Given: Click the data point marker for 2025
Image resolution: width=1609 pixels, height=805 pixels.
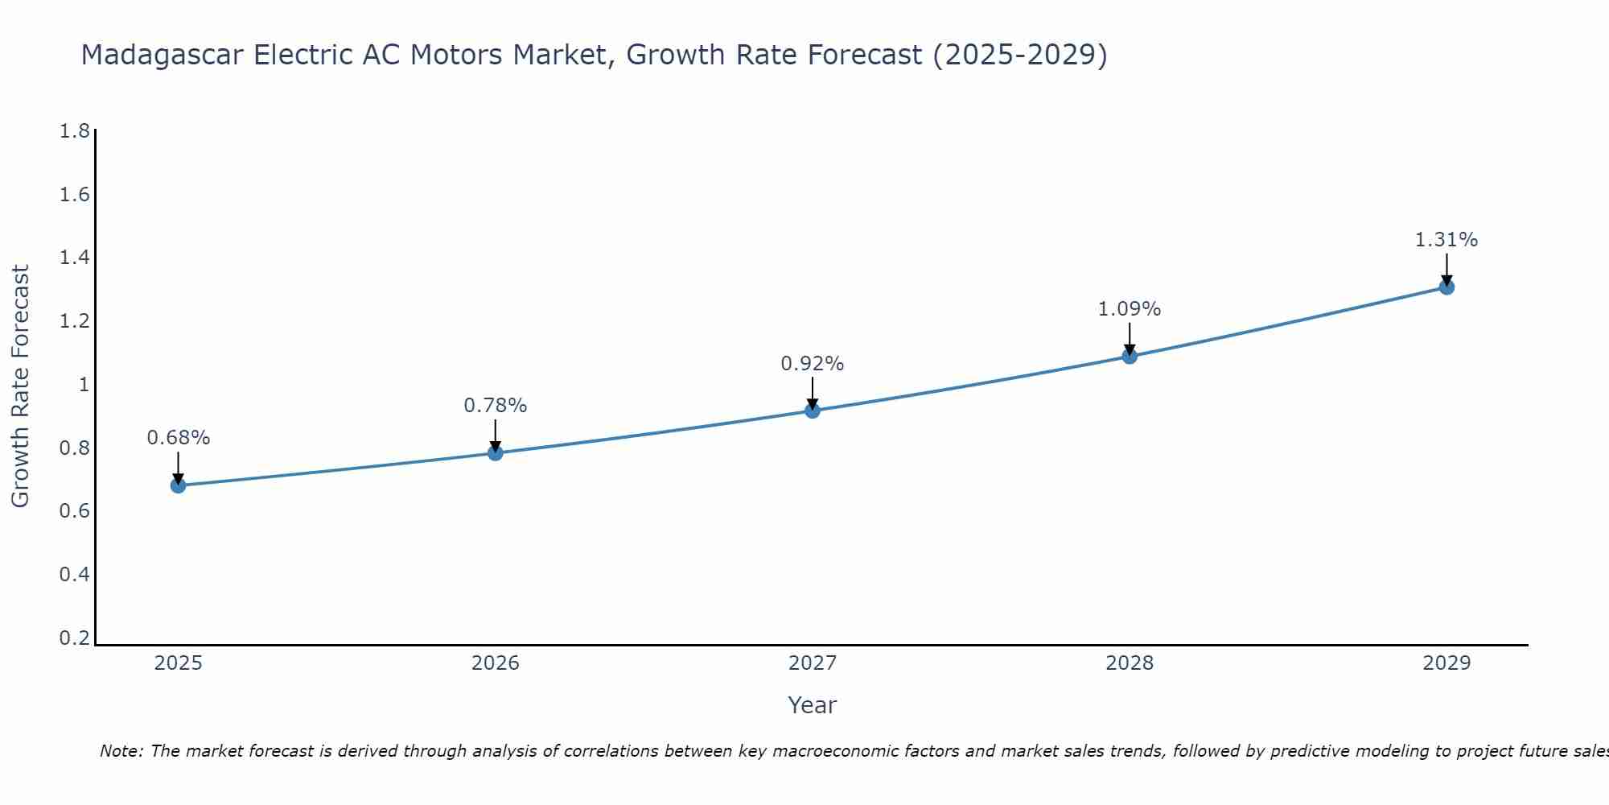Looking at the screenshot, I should click(x=179, y=485).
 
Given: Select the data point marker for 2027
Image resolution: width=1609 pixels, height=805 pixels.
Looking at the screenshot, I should click(x=813, y=411).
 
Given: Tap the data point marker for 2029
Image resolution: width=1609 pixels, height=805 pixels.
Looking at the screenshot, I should click(x=1446, y=287).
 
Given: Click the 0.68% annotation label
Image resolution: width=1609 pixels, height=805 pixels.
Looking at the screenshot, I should click(x=179, y=438).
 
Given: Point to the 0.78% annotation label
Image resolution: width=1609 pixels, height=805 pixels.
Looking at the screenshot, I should click(x=496, y=406).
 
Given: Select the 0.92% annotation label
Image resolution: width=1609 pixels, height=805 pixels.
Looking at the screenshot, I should click(x=813, y=364).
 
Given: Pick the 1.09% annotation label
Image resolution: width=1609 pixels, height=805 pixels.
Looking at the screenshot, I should click(x=1130, y=309).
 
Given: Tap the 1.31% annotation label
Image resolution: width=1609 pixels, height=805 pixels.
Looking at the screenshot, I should click(x=1446, y=240).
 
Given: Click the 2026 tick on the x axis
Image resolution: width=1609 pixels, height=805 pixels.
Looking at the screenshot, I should click(x=496, y=663).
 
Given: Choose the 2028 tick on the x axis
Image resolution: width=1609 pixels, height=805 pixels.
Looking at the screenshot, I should click(x=1130, y=663).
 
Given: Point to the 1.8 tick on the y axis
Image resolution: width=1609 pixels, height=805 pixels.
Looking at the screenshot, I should click(x=75, y=131).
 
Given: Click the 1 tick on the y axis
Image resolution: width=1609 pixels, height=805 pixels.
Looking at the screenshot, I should click(x=84, y=385).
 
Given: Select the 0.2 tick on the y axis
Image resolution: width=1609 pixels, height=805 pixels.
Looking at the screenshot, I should click(x=75, y=638).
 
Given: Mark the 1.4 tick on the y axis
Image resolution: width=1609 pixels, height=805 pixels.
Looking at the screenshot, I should click(x=75, y=258).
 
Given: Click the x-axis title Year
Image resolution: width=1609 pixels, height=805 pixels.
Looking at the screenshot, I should click(x=813, y=705).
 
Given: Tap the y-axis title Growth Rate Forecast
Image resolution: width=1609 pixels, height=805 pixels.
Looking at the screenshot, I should click(x=20, y=386).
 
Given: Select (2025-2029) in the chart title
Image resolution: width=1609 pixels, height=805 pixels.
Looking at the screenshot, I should click(x=1019, y=56).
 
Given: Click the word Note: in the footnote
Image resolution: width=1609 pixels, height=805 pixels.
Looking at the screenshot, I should click(x=121, y=751).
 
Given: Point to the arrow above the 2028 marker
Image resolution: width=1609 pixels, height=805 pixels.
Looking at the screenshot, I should click(x=1130, y=338).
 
